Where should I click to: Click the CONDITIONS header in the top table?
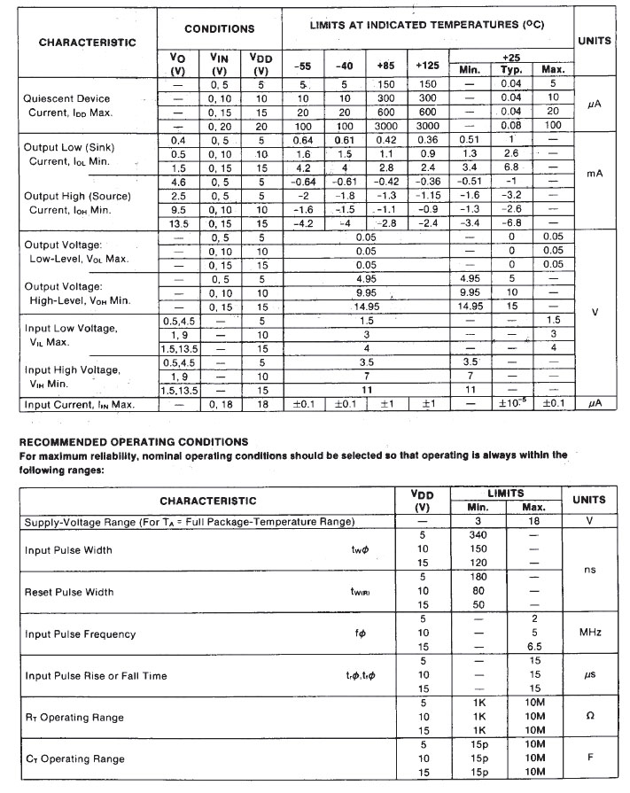point(219,28)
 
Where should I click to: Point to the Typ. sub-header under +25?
point(511,69)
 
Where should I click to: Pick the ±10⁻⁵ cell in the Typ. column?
point(511,405)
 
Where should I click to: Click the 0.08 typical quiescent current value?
point(511,125)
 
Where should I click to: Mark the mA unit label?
point(595,175)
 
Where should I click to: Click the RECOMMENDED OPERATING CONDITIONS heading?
point(134,441)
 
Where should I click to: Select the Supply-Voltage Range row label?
point(190,522)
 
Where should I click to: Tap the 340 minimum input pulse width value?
point(478,535)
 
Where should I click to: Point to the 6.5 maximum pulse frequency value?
point(533,648)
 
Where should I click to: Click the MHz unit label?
point(591,633)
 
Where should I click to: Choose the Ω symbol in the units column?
point(591,717)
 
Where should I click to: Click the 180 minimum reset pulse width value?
point(478,577)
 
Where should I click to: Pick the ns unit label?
point(591,570)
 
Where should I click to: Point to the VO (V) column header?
point(178,64)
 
